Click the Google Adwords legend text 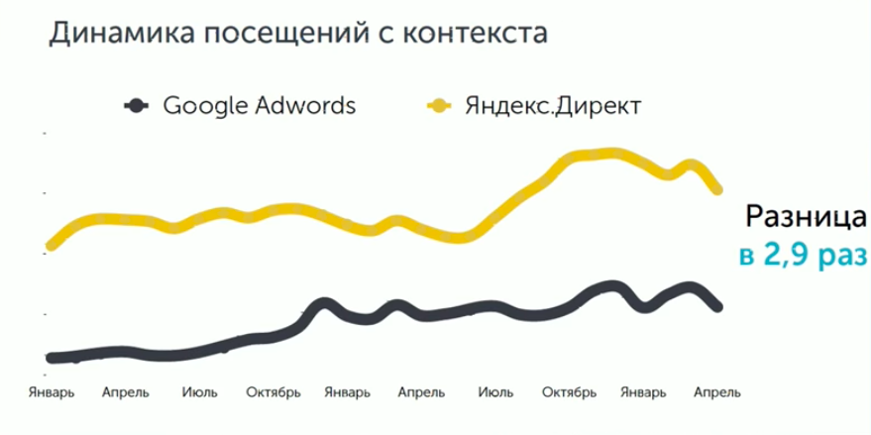coord(259,105)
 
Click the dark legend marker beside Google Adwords coord(137,105)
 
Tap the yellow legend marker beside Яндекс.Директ coord(440,105)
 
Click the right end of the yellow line coord(718,189)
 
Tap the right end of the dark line coord(718,307)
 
